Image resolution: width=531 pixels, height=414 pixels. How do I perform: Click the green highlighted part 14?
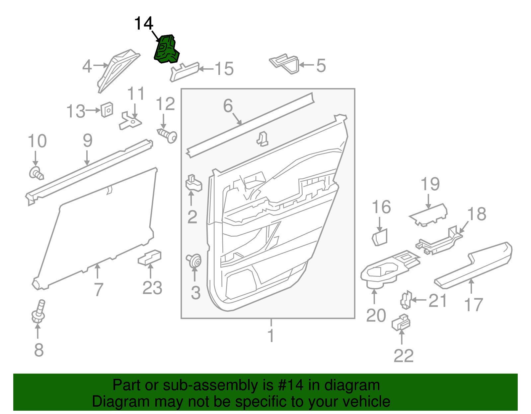click(x=167, y=50)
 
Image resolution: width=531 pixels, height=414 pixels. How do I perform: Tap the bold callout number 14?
click(x=143, y=24)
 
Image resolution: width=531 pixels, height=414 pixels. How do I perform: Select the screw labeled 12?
click(x=168, y=135)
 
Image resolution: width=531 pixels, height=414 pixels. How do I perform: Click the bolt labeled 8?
click(x=38, y=312)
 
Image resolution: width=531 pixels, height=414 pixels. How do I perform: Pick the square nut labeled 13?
click(x=107, y=110)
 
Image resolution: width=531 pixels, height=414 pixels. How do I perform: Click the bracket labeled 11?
click(x=130, y=122)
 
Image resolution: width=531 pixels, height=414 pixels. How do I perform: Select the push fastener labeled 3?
click(x=194, y=261)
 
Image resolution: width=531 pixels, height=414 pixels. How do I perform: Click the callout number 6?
click(x=228, y=106)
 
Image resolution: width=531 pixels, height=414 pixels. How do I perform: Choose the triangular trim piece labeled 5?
click(x=285, y=64)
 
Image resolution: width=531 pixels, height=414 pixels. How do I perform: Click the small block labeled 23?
click(x=150, y=258)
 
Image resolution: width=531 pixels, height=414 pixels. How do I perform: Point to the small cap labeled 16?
click(x=380, y=237)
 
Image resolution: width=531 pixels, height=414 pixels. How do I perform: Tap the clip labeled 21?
click(x=406, y=299)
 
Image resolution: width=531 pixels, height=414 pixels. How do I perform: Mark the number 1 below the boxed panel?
click(x=271, y=335)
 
